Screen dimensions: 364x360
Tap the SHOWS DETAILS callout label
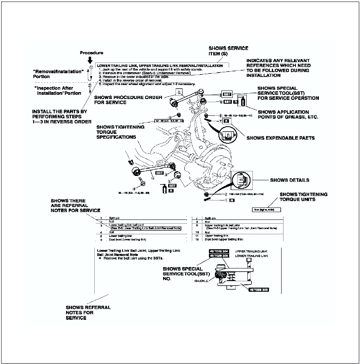[x=290, y=180]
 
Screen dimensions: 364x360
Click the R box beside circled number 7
[x=226, y=121]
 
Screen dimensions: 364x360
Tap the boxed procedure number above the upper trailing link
[x=179, y=92]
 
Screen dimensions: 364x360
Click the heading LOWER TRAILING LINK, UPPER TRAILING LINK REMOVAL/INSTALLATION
[x=160, y=66]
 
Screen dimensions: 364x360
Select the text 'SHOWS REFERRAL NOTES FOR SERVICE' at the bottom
[x=88, y=312]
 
